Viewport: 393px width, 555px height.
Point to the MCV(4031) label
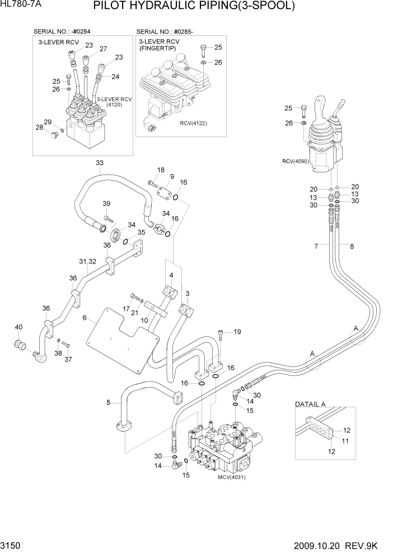tap(232, 477)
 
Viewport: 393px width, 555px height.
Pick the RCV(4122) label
tap(193, 123)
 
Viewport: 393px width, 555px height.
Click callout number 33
tap(100, 163)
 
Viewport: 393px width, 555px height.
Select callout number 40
tap(18, 327)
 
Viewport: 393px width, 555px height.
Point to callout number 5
tap(109, 401)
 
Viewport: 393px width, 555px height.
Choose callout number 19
tap(237, 332)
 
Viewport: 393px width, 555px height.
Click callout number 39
tap(106, 204)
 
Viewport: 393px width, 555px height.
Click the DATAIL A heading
tap(310, 403)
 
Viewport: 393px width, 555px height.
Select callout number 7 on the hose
tap(316, 246)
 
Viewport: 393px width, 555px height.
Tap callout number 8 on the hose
tap(352, 246)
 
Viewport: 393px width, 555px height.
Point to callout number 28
tap(40, 128)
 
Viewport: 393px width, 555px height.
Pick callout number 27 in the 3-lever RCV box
tap(103, 49)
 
